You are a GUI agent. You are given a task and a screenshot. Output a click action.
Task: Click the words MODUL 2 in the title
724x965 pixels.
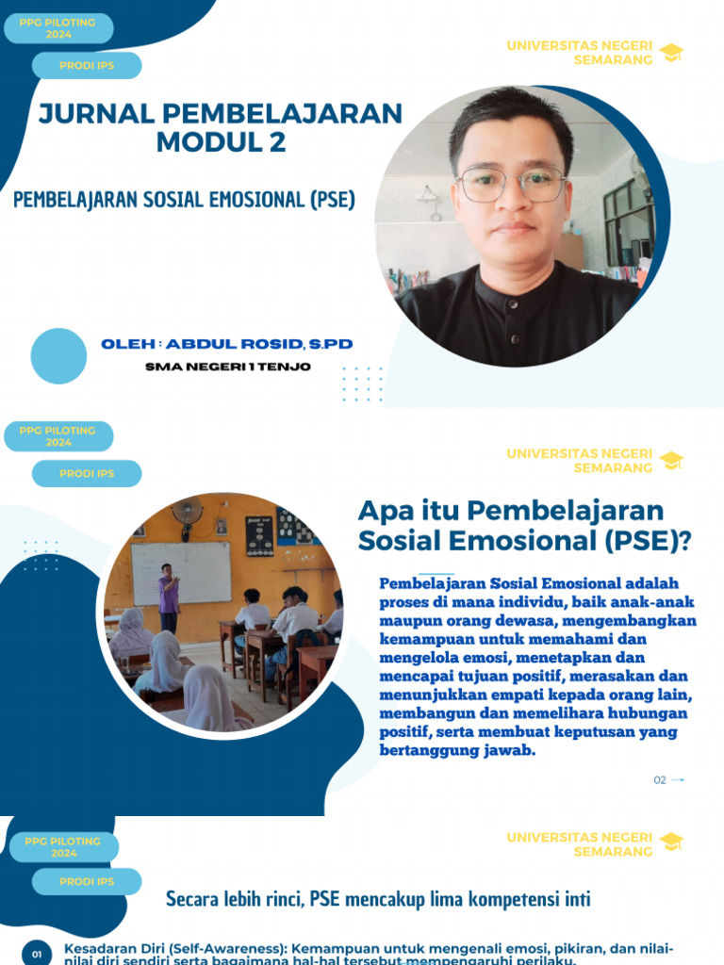pos(221,143)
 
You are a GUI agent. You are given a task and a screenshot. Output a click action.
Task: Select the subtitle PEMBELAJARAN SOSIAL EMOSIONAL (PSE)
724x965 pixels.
pos(184,200)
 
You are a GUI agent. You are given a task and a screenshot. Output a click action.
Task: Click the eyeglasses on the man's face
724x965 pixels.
pos(512,184)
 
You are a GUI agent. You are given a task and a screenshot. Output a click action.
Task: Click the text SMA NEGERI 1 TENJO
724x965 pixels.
pos(228,367)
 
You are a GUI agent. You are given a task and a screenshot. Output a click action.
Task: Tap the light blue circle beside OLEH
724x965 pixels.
pos(58,356)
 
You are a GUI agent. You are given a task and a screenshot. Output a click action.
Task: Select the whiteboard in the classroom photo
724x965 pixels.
pos(181,573)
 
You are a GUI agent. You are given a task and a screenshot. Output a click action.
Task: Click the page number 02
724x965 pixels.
pos(660,780)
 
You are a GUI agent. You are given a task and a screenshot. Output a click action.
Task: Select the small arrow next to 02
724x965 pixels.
pos(678,780)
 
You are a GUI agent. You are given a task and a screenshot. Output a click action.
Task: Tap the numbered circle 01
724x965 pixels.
pos(37,955)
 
